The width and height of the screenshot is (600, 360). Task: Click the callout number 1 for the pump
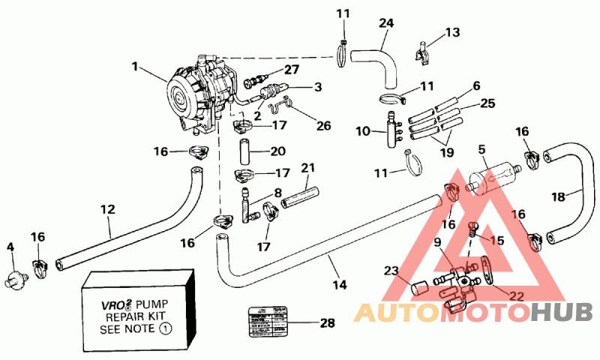click(x=136, y=66)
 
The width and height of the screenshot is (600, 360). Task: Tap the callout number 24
click(x=386, y=23)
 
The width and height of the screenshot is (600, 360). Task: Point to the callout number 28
click(x=326, y=324)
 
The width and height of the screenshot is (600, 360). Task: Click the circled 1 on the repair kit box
click(x=166, y=328)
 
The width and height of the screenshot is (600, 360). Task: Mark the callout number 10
click(x=362, y=131)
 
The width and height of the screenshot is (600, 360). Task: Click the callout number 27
click(x=291, y=69)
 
